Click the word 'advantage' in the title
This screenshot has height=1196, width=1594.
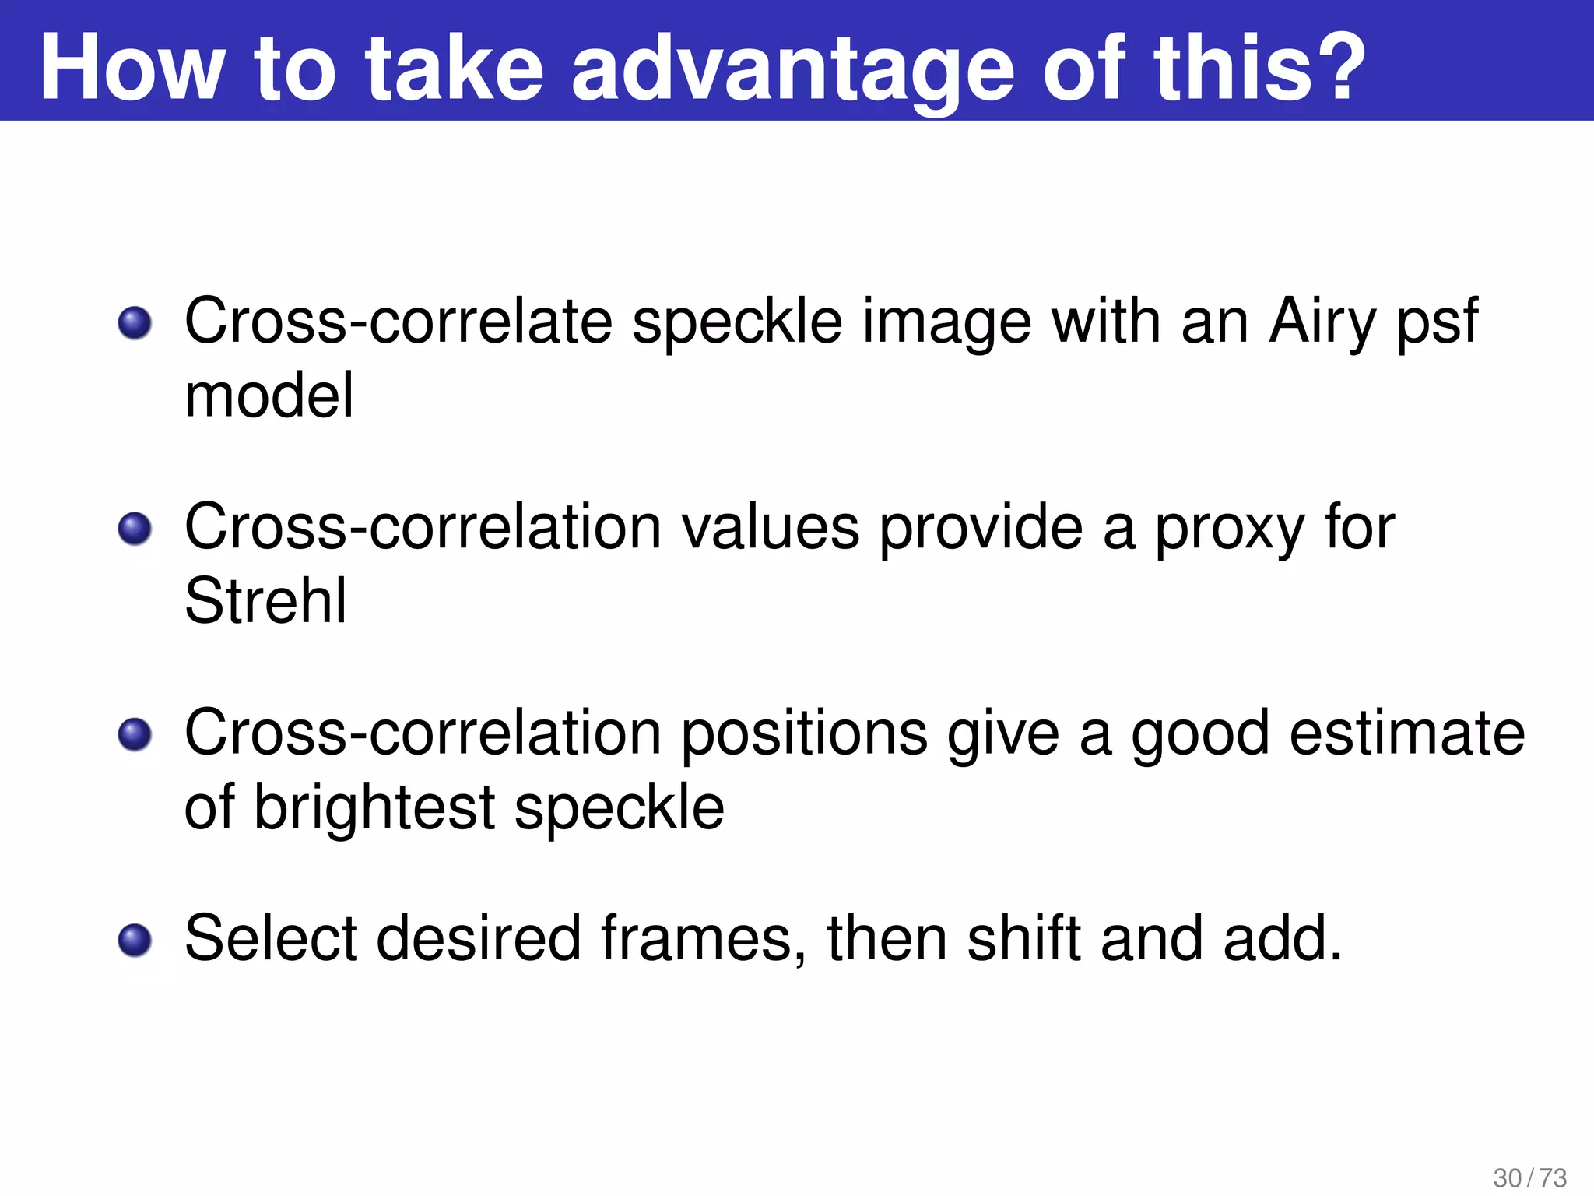tap(792, 70)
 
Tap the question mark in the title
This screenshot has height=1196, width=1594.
tap(1337, 69)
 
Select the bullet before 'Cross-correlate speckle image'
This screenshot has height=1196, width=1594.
tap(135, 322)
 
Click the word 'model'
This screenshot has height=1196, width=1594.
tap(269, 396)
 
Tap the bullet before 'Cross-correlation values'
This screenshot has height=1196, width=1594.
tap(135, 529)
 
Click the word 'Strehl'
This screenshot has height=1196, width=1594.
tap(265, 601)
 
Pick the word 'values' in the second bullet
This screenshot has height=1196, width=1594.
tap(771, 528)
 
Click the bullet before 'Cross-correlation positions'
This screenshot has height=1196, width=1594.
tap(135, 734)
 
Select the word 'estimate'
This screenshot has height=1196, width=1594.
tap(1406, 733)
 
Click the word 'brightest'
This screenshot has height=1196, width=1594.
tap(374, 808)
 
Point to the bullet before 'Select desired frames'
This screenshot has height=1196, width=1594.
tap(135, 940)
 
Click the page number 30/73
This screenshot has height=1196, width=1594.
tap(1529, 1177)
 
